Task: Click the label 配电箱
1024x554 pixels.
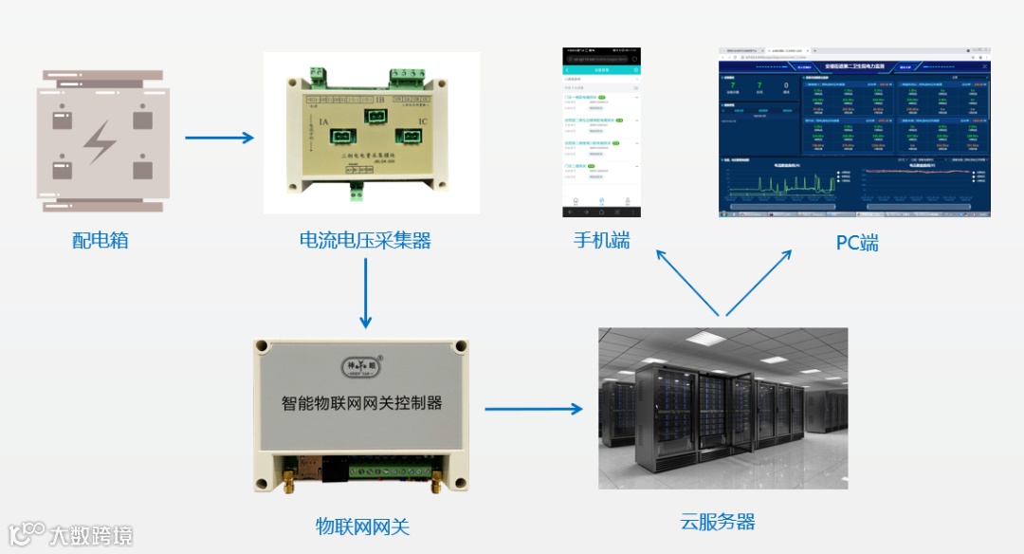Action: [100, 240]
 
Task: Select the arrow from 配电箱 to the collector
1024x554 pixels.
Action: [219, 138]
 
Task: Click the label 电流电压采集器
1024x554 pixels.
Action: [365, 241]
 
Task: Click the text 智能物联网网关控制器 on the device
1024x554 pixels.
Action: [362, 402]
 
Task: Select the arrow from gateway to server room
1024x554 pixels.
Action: [533, 409]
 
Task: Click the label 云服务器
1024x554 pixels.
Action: [718, 521]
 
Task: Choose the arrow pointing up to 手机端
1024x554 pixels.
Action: [687, 282]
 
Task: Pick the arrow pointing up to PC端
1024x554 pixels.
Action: [759, 282]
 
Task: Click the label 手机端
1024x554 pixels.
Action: [601, 240]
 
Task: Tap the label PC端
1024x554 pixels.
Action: [856, 243]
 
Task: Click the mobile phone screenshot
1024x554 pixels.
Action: [602, 132]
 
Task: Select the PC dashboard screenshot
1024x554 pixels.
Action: [854, 132]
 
